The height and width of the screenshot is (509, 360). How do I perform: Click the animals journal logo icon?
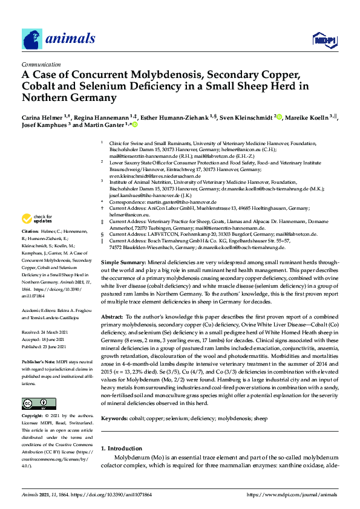pos(32,39)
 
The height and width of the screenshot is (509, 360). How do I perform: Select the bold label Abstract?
pos(111,317)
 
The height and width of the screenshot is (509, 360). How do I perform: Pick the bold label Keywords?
pos(114,418)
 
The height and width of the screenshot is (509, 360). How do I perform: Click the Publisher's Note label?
pos(39,361)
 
